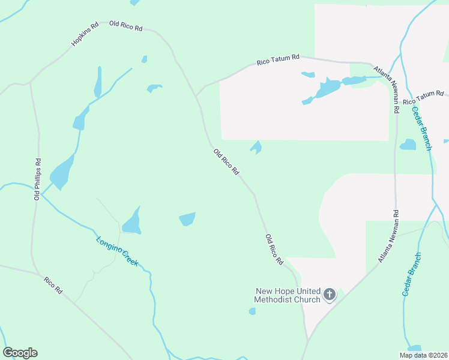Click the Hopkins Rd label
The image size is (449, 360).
coord(85,35)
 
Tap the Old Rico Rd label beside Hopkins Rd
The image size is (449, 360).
coord(125,26)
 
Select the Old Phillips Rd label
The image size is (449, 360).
coord(38,179)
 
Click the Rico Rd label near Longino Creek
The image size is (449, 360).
coord(53,285)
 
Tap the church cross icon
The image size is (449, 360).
coord(329,294)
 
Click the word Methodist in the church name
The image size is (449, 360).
coord(273,299)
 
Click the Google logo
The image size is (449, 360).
coord(20,353)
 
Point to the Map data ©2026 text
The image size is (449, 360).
coord(423,355)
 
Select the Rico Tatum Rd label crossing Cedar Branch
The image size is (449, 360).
coord(423,97)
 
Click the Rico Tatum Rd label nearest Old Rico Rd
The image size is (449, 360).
coord(278,59)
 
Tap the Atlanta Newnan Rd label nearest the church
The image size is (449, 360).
coord(388,237)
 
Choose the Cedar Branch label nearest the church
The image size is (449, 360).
coord(412,274)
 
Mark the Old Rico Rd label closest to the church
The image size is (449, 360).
coord(274,250)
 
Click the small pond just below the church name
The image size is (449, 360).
coord(252,311)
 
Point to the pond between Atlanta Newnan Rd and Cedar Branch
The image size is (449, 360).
coord(408,145)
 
